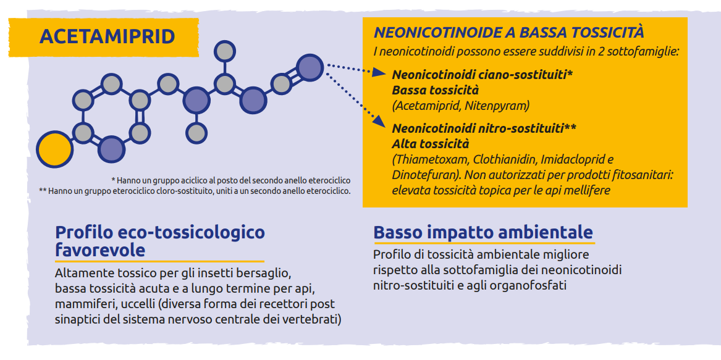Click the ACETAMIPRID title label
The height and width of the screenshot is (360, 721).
[107, 37]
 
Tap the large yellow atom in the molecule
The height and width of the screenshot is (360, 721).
[55, 149]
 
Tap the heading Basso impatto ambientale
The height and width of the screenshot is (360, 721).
[483, 233]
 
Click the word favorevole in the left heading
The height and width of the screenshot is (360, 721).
[100, 251]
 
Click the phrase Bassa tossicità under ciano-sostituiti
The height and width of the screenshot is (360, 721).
[429, 90]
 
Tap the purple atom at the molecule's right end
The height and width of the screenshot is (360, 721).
[310, 68]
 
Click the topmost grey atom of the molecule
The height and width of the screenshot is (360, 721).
[225, 51]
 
